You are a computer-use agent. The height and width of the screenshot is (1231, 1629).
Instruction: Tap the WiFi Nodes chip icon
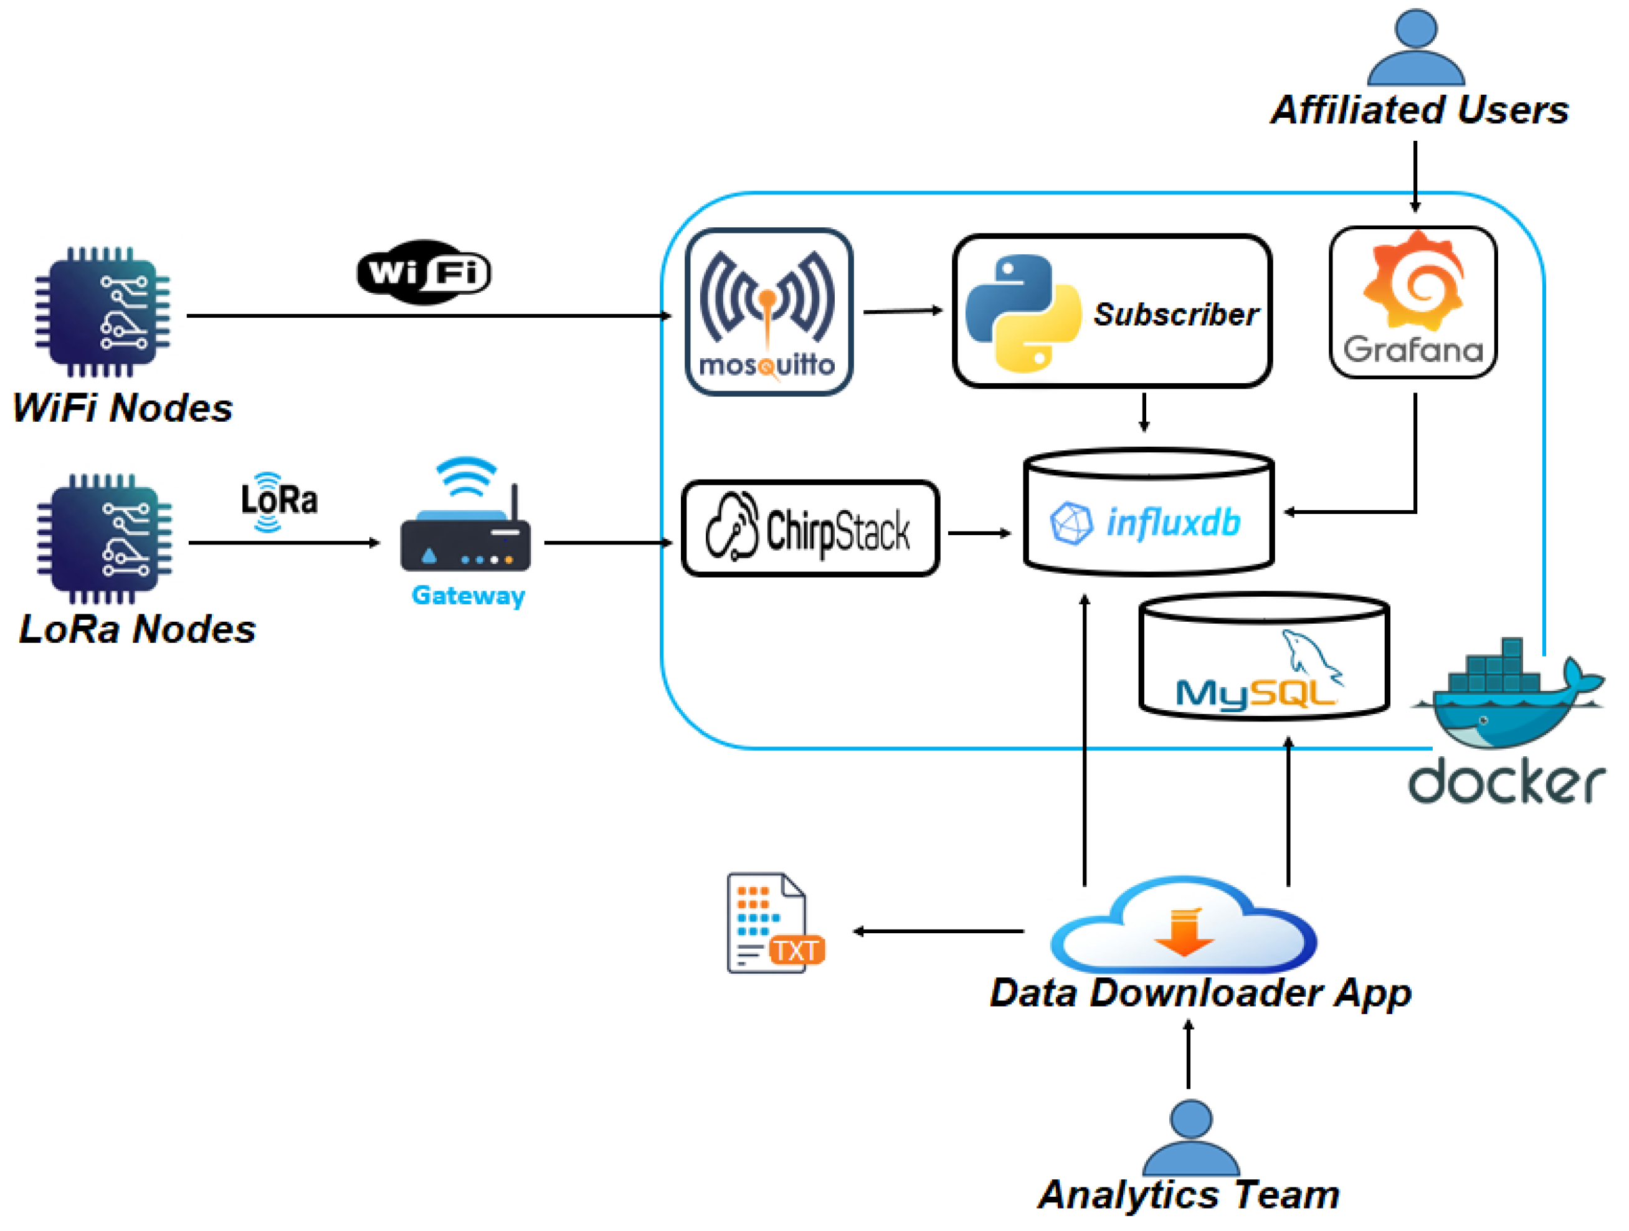102,312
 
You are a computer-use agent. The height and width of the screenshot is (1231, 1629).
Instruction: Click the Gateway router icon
465,516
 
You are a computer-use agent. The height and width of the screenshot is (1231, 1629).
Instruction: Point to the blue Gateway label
468,595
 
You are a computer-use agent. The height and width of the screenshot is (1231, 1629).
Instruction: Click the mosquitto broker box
769,311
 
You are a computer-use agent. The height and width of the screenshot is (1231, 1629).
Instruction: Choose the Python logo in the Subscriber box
1023,313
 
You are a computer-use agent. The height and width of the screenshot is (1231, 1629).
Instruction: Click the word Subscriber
1176,315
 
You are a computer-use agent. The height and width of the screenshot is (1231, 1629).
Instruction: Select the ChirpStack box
810,528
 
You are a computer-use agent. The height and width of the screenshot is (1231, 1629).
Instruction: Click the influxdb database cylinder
1149,511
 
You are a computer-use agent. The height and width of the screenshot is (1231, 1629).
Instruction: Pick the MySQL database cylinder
1265,655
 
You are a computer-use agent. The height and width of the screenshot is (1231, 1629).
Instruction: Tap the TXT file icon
776,923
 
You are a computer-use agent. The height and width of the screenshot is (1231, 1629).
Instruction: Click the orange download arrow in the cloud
1184,932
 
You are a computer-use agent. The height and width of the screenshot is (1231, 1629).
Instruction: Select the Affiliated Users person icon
1415,48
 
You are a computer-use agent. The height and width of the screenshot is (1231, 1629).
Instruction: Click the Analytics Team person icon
1191,1138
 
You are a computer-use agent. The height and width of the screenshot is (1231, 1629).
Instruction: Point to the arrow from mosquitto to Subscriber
903,311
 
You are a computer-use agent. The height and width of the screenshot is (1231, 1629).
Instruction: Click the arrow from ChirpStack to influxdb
979,533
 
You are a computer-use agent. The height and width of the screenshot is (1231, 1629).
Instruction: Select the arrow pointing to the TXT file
938,931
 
